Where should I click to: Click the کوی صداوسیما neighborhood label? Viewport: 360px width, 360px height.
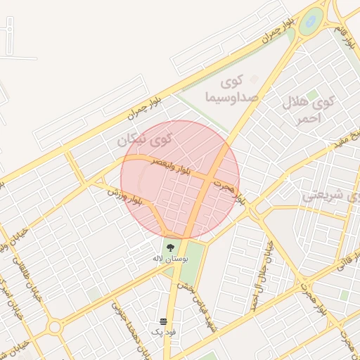coord(233,89)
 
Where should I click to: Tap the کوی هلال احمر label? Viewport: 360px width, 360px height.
coord(310,110)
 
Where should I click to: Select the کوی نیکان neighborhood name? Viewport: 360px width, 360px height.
coord(145,141)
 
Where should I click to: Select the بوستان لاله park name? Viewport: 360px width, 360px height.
coord(169,259)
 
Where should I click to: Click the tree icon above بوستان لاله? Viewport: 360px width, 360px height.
coord(170,246)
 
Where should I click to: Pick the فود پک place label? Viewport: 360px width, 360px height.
coord(163,330)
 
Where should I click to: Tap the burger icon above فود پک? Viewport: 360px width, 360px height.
coord(163,320)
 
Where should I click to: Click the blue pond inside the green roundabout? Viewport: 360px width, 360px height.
coord(309,22)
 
